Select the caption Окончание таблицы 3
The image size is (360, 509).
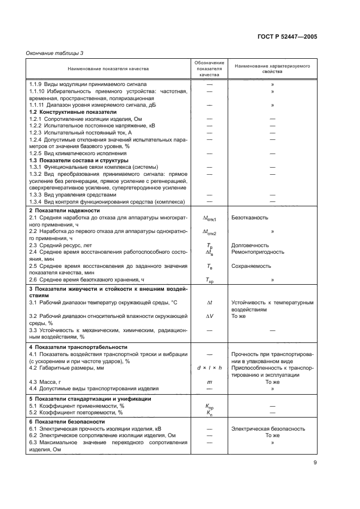[x=54, y=53]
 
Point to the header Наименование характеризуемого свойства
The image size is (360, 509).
[x=272, y=69]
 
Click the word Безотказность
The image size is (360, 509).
[x=249, y=217]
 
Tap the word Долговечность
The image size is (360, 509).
[x=250, y=246]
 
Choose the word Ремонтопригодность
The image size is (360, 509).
[x=258, y=252]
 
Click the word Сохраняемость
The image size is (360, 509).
[x=251, y=266]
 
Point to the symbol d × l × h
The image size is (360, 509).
[x=210, y=368]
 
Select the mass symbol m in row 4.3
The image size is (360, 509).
[x=210, y=382]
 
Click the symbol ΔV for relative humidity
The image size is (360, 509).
[x=209, y=316]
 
